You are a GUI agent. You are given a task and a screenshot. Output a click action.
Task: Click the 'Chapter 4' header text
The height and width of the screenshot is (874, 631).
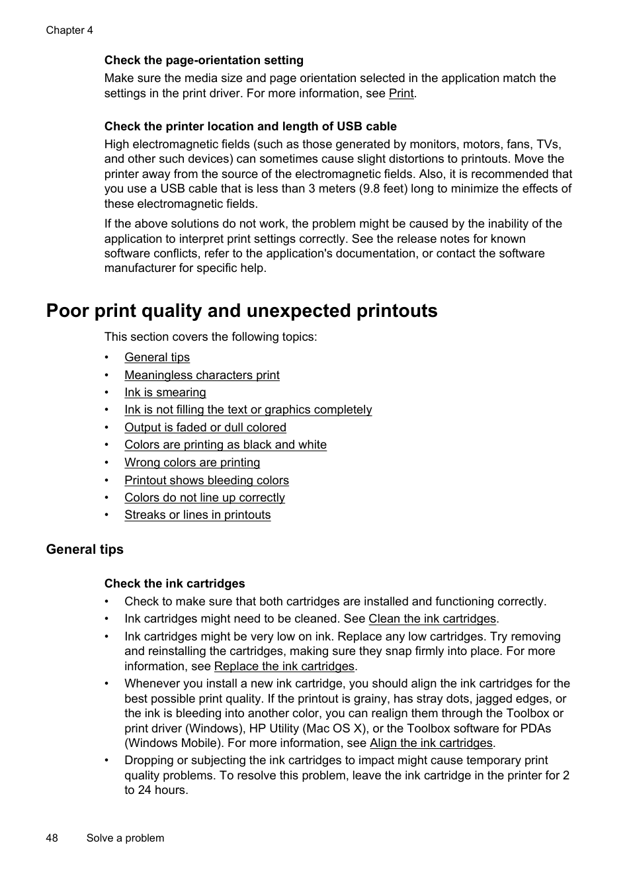pyautogui.click(x=69, y=30)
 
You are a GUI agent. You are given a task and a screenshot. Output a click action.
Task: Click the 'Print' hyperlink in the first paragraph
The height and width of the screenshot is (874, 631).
pyautogui.click(x=401, y=93)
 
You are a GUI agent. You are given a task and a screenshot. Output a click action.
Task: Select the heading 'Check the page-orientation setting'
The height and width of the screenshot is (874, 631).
pyautogui.click(x=204, y=60)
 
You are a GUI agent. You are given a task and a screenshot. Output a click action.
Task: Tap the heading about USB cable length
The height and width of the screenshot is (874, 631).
pyautogui.click(x=250, y=126)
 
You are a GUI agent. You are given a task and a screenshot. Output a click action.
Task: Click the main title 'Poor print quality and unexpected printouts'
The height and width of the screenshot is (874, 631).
pyautogui.click(x=241, y=311)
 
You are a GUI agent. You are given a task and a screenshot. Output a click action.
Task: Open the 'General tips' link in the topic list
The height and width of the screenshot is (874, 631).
pyautogui.click(x=157, y=357)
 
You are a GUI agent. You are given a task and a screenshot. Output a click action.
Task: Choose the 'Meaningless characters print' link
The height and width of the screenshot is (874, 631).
pyautogui.click(x=202, y=375)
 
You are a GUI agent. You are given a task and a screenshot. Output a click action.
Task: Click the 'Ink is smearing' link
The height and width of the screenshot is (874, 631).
pyautogui.click(x=165, y=392)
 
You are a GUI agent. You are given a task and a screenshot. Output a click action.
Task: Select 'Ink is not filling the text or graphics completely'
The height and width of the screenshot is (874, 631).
pyautogui.click(x=248, y=410)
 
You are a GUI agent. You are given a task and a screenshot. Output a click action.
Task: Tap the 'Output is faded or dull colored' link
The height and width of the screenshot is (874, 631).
pyautogui.click(x=205, y=427)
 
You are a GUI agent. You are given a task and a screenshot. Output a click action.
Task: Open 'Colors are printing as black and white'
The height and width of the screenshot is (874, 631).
pyautogui.click(x=225, y=445)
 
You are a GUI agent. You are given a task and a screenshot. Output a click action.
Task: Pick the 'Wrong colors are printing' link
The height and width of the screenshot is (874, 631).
pyautogui.click(x=192, y=462)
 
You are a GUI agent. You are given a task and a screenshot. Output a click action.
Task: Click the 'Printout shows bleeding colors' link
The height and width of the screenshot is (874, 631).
pyautogui.click(x=206, y=480)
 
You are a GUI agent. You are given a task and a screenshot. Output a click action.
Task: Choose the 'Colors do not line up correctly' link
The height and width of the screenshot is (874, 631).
pyautogui.click(x=204, y=498)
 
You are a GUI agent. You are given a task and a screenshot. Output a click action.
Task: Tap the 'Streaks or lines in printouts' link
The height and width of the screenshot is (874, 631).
pyautogui.click(x=197, y=515)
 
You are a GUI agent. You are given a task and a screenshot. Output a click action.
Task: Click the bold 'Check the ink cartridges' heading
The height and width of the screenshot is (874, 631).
pyautogui.click(x=175, y=584)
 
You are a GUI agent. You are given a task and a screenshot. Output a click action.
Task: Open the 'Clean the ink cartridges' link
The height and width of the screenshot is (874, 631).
pyautogui.click(x=432, y=619)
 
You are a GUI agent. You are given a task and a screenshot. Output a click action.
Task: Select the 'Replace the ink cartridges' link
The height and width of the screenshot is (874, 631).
pyautogui.click(x=284, y=666)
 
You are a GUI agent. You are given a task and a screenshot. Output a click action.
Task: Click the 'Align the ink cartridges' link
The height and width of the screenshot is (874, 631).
pyautogui.click(x=431, y=743)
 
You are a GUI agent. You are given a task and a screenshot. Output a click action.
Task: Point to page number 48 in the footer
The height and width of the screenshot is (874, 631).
pyautogui.click(x=52, y=838)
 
